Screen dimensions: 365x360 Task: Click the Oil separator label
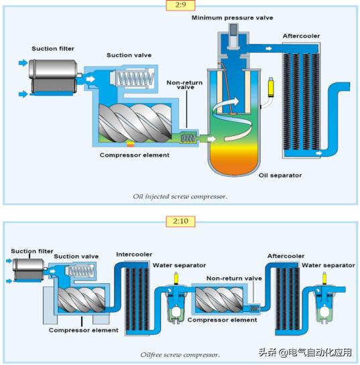click(280, 175)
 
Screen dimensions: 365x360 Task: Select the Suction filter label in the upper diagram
click(54, 48)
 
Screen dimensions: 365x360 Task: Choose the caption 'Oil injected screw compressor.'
click(180, 196)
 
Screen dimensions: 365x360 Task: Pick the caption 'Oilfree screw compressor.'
click(180, 354)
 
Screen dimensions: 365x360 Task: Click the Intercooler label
click(134, 254)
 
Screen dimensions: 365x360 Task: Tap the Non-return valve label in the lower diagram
click(234, 277)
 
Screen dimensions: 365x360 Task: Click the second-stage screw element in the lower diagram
click(219, 300)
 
